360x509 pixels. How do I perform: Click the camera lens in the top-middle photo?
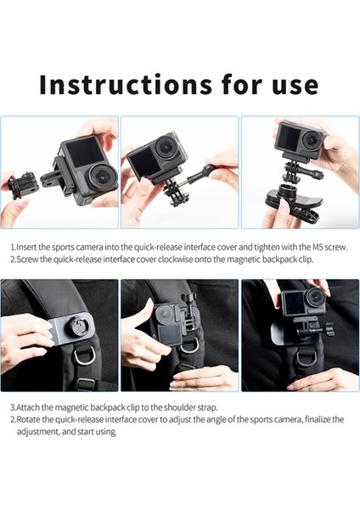[x=166, y=148]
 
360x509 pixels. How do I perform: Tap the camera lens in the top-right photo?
[x=312, y=140]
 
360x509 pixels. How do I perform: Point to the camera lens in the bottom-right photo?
[x=315, y=297]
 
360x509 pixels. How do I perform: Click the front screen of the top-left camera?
[x=80, y=151]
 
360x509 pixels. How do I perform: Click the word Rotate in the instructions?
[x=27, y=419]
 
